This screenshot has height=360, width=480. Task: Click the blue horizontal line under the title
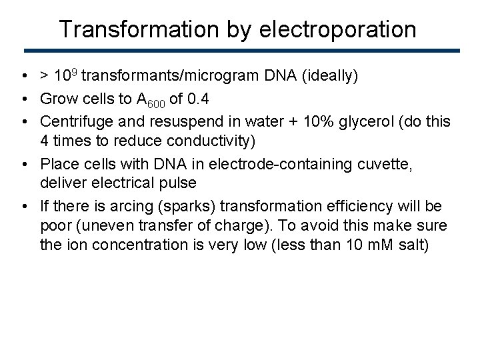pos(241,51)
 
